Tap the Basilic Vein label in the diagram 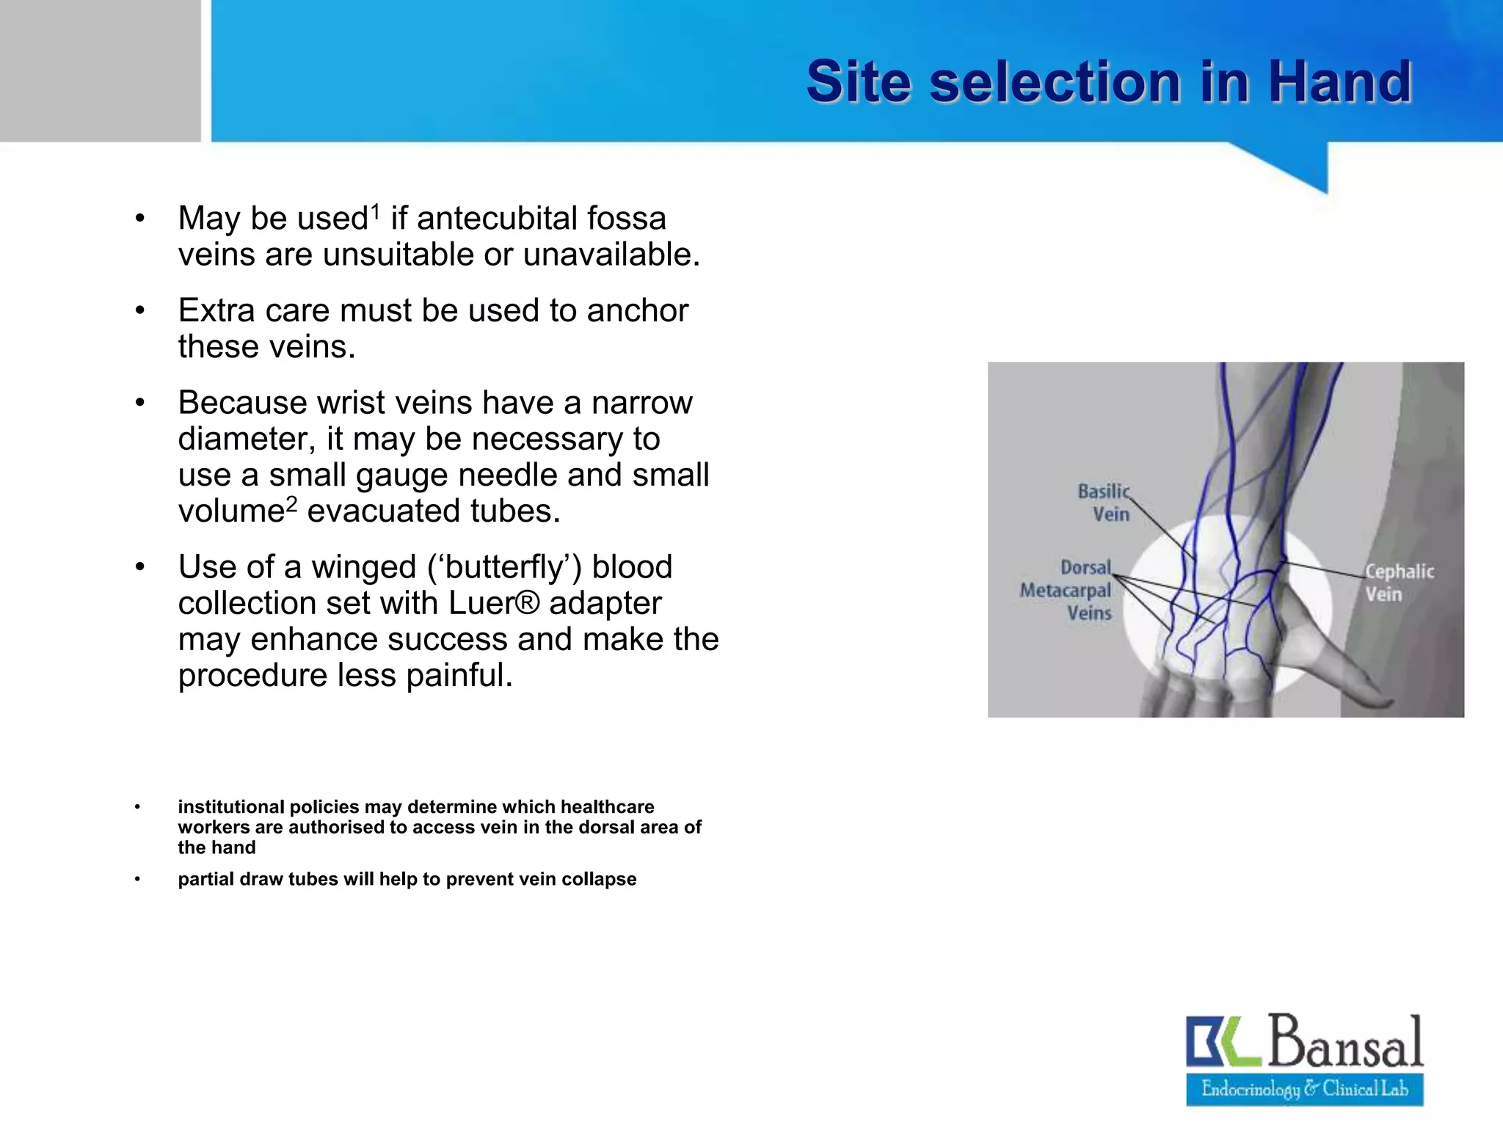(1104, 503)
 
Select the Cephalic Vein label (1399, 583)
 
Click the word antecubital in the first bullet (496, 219)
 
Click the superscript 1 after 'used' (375, 211)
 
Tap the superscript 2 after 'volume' (291, 503)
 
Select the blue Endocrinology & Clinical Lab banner (1304, 1089)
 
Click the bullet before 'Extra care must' (139, 310)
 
